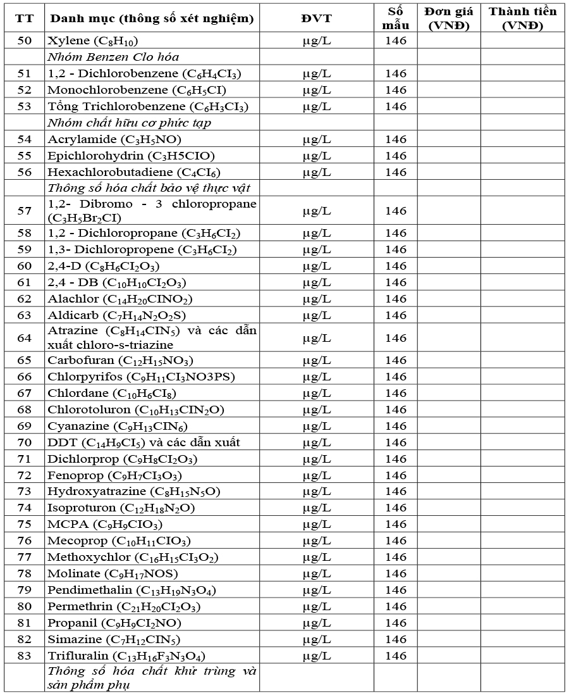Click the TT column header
tap(24, 18)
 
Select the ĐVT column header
tap(316, 18)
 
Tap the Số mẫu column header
tap(396, 18)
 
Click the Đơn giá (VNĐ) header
tap(448, 18)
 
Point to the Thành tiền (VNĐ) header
tap(522, 18)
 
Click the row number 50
tap(24, 41)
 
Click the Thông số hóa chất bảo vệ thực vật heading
tap(150, 189)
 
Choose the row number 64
tap(24, 338)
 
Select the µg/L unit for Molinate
tap(316, 573)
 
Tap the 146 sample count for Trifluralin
tap(396, 656)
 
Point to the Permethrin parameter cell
tap(124, 606)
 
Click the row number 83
tap(24, 656)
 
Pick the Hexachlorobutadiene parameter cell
tap(134, 172)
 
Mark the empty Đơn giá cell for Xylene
tap(448, 41)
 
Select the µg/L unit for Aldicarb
tap(316, 315)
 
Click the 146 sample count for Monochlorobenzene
tap(396, 90)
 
